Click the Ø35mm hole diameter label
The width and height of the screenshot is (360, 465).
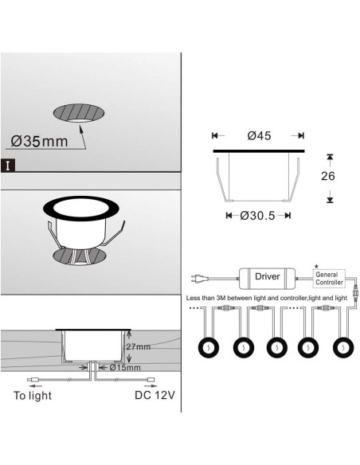pos(40,141)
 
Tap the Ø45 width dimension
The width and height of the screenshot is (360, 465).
pos(259,135)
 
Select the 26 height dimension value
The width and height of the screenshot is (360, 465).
pos(327,176)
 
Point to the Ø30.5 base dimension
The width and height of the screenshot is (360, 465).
pos(257,216)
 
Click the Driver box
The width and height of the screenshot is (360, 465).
pos(267,279)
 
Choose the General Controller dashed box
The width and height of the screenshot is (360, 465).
pos(329,279)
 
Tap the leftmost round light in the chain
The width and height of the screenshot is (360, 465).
pos(209,347)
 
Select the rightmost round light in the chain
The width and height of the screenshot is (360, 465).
pos(343,347)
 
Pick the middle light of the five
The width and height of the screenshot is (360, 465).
pos(276,347)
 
